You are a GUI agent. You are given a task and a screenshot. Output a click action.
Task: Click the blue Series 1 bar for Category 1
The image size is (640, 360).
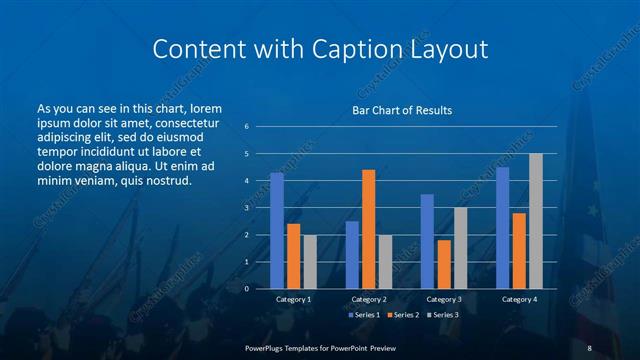click(x=277, y=231)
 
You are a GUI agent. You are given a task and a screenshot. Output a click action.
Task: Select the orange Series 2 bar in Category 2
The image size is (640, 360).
click(x=368, y=229)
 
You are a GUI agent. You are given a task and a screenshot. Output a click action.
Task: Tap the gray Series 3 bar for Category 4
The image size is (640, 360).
click(x=535, y=221)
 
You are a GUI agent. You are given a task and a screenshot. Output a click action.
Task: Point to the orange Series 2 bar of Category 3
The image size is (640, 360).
click(x=443, y=264)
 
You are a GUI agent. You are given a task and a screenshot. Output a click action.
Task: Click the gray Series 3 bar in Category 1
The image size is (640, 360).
click(x=309, y=262)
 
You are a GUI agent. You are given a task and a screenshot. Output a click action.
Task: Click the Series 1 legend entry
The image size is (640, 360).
click(x=365, y=315)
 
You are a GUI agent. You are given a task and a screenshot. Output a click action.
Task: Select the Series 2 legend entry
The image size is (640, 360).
click(x=404, y=315)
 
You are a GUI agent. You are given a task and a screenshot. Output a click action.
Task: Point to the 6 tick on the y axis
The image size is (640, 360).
click(x=246, y=127)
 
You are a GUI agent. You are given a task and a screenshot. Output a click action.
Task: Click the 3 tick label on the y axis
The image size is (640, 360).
click(x=246, y=208)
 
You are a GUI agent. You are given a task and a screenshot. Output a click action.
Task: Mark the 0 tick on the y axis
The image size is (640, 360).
click(x=246, y=289)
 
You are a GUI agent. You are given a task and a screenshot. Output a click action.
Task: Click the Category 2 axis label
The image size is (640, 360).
click(x=368, y=299)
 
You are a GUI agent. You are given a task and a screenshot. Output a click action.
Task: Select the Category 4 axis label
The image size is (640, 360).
click(x=518, y=299)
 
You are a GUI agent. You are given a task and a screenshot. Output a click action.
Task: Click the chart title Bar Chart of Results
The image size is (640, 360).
click(x=402, y=110)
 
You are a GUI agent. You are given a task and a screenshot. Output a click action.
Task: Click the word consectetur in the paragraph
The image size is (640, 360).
click(x=188, y=122)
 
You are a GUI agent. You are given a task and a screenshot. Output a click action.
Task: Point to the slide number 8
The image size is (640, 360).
click(x=590, y=348)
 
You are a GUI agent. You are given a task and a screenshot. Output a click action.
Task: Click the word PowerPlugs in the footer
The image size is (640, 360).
click(x=267, y=348)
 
